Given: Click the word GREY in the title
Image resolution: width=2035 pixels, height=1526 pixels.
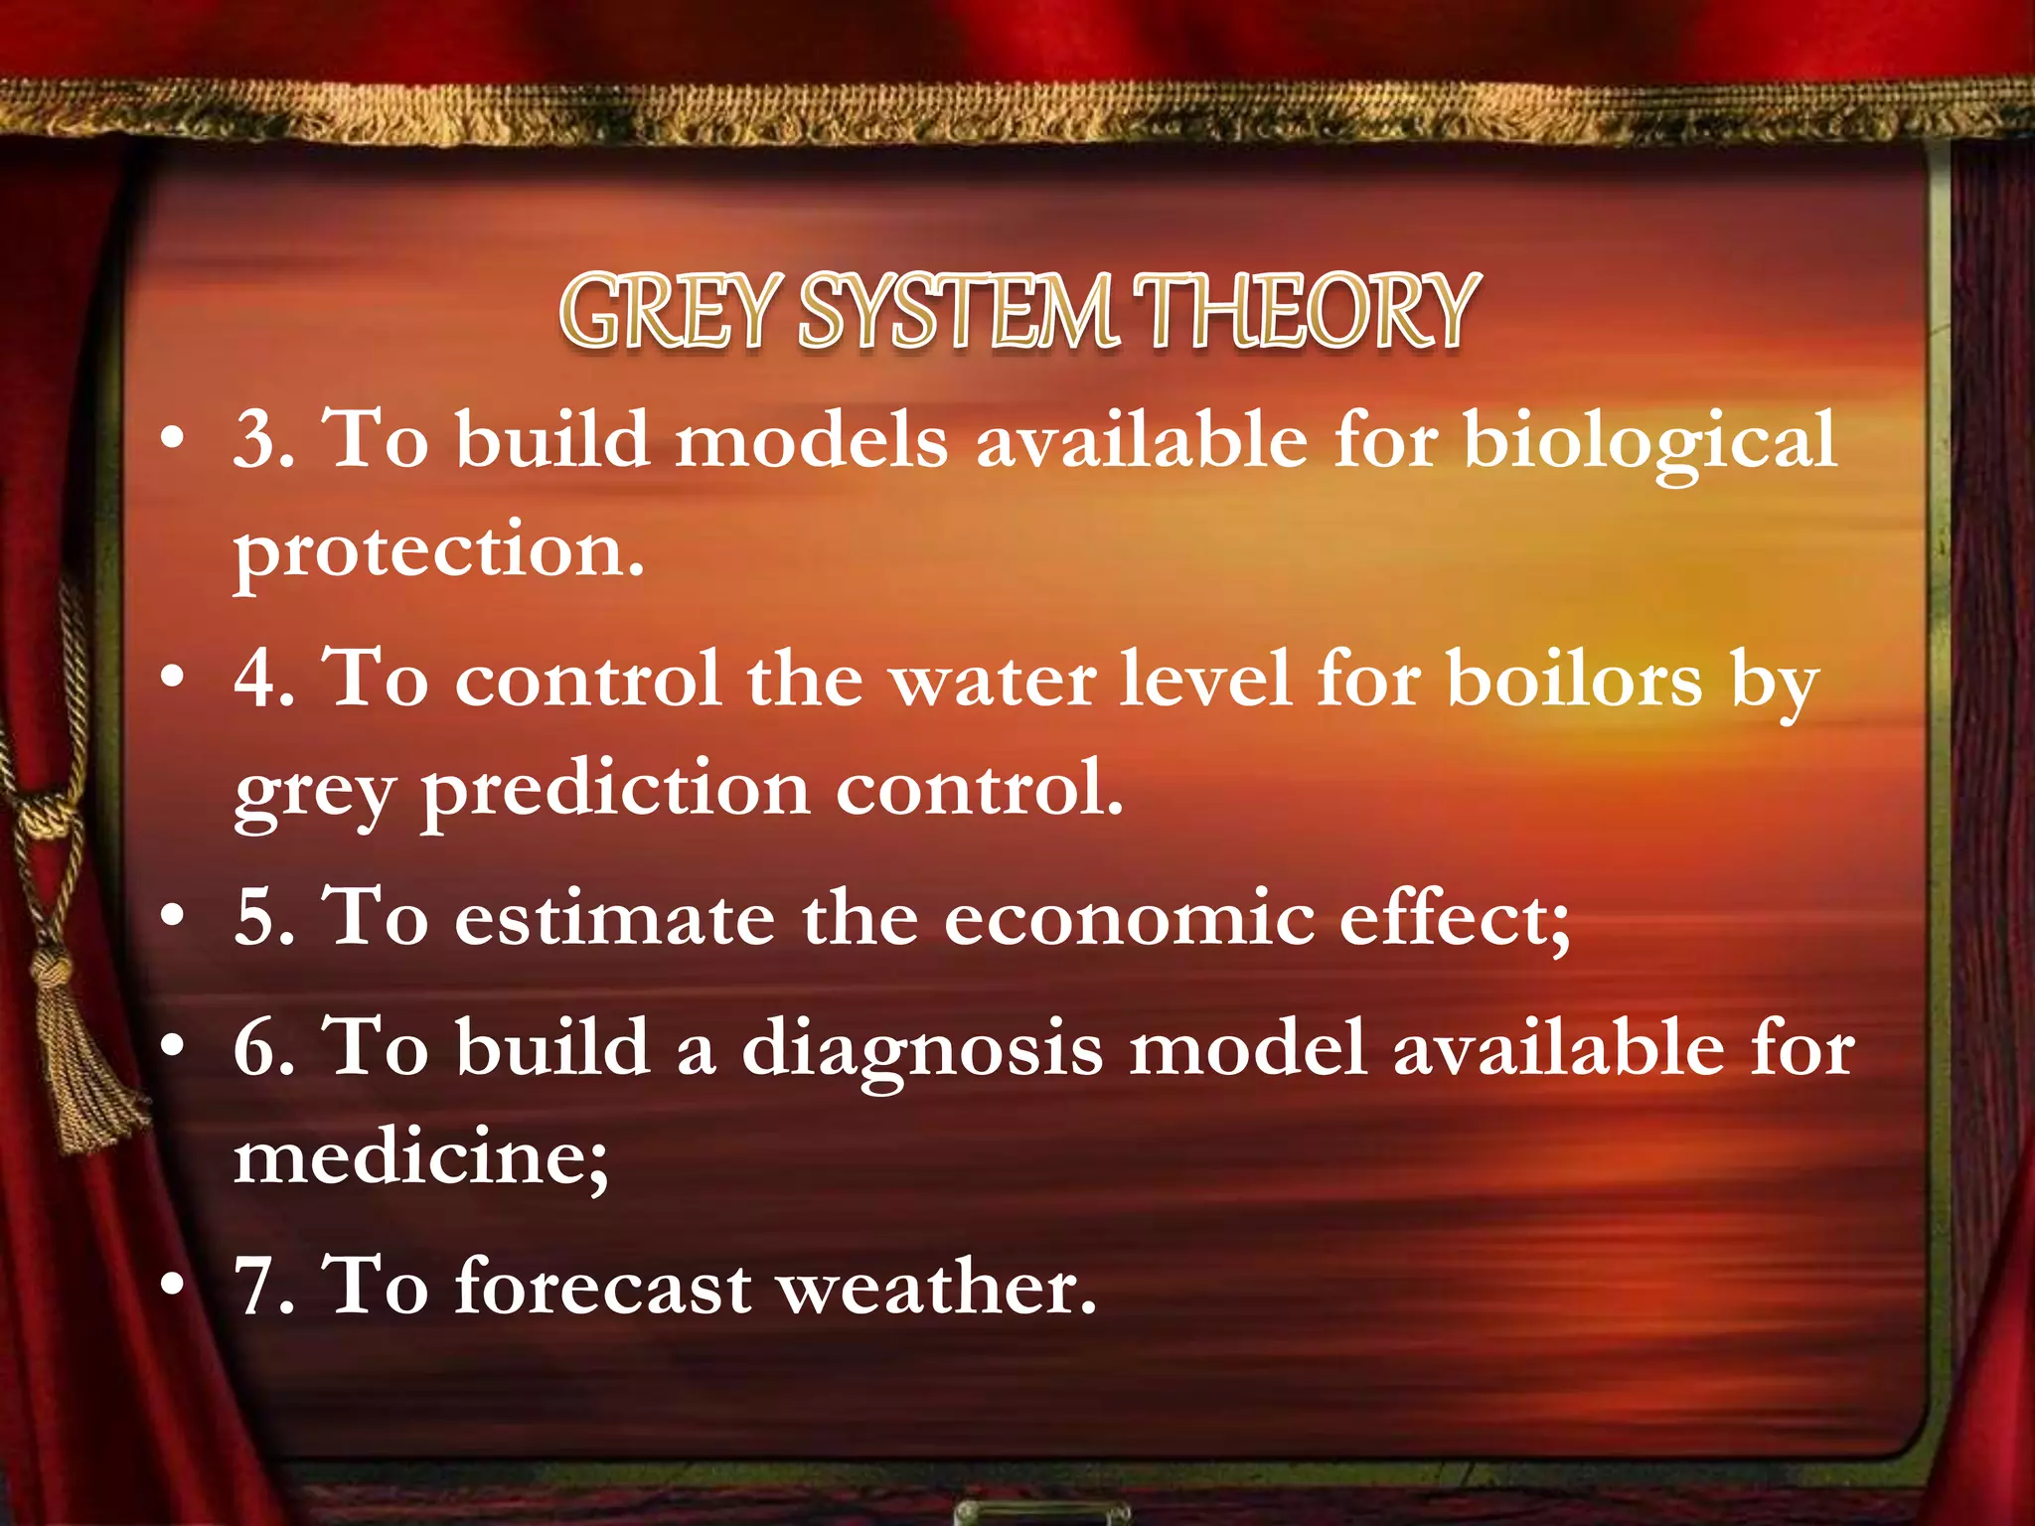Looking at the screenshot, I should coord(667,312).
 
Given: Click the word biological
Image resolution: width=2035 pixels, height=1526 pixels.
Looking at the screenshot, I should coord(1649,442).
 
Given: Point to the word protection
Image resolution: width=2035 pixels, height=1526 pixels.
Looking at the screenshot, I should coord(438,552).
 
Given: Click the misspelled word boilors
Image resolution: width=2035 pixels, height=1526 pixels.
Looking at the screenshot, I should coord(1574,681).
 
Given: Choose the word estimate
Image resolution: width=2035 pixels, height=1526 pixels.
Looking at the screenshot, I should coord(615,919).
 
